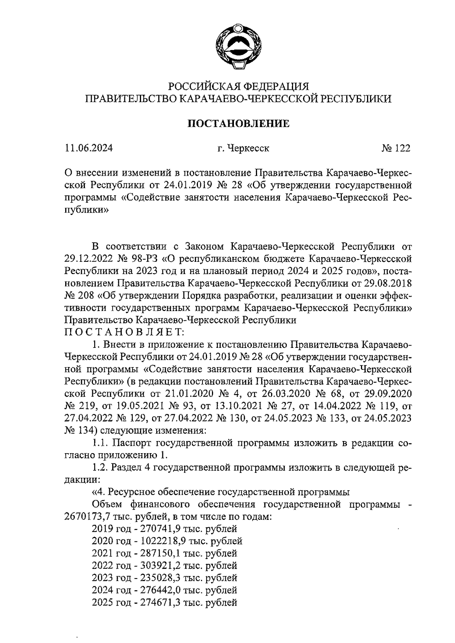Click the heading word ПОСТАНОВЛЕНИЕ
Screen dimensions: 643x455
click(x=239, y=124)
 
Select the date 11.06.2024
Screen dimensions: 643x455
click(x=89, y=148)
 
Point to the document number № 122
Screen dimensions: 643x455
click(x=396, y=148)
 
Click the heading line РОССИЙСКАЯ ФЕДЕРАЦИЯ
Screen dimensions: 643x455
click(x=239, y=86)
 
